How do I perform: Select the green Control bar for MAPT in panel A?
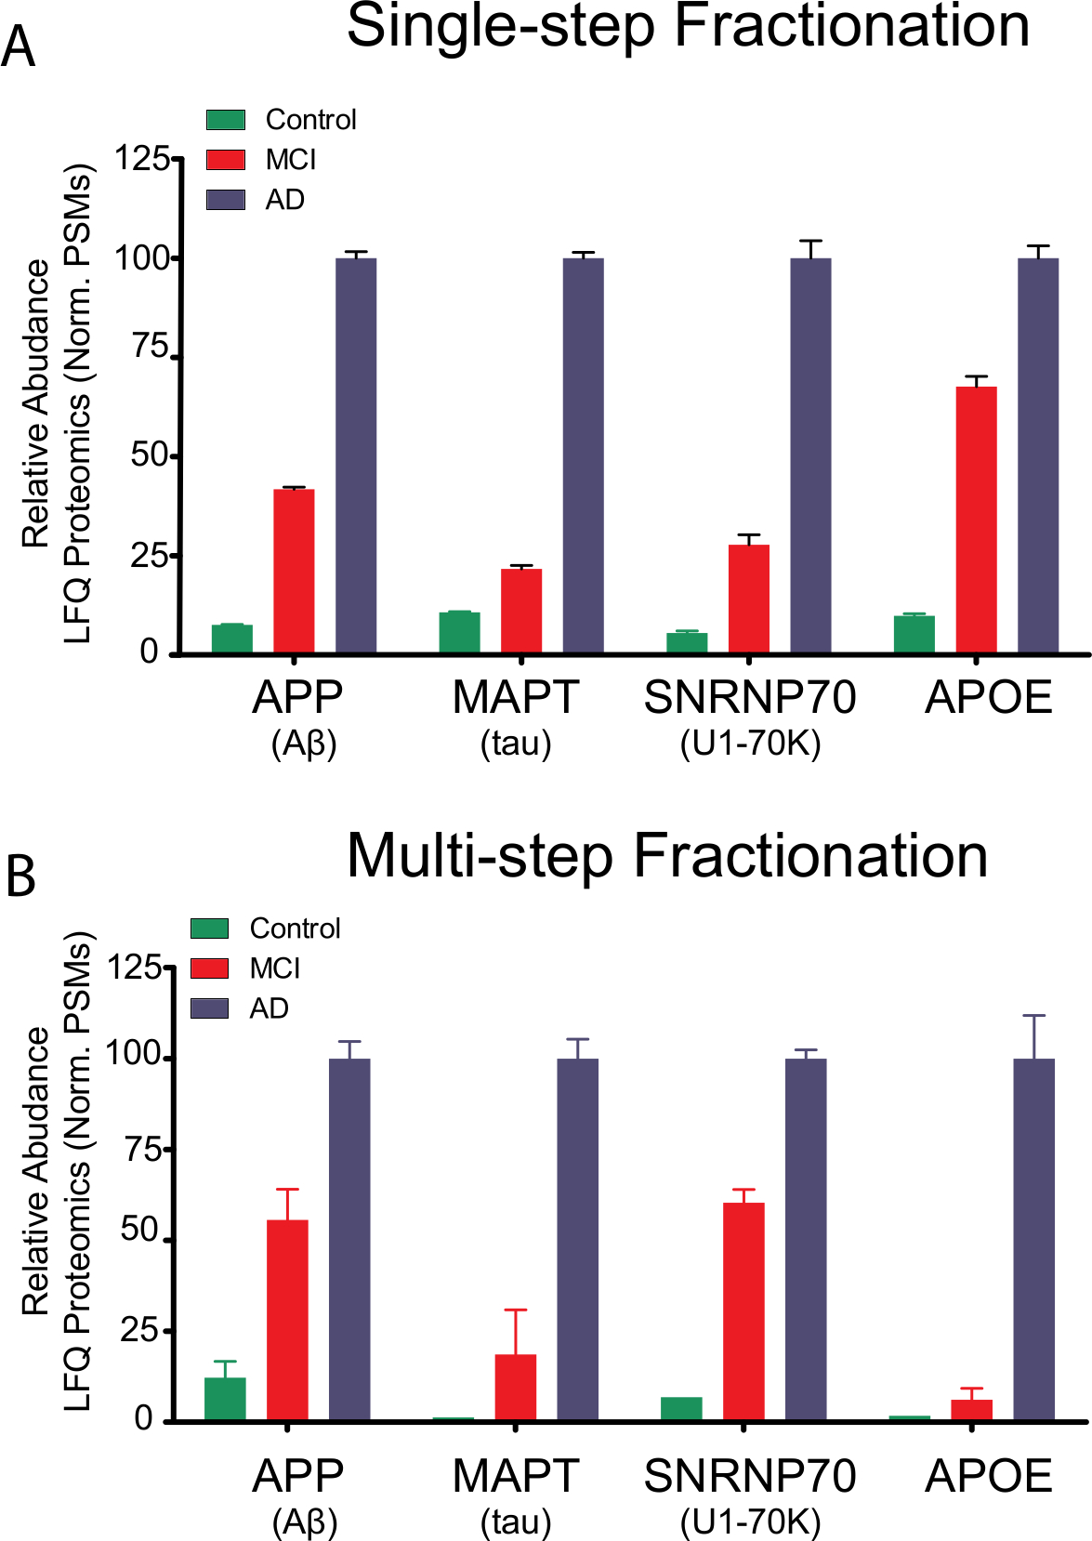459,632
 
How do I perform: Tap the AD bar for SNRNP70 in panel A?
810,455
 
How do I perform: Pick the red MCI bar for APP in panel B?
287,1320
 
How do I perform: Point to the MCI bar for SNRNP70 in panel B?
743,1311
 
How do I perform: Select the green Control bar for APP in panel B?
225,1399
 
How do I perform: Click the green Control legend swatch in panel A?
226,120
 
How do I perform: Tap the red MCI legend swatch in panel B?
210,968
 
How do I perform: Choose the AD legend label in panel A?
284,200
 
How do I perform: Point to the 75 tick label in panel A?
150,348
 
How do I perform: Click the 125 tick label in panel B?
134,968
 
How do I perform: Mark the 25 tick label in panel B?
139,1330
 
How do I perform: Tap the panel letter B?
20,876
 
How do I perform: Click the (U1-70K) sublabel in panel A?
750,744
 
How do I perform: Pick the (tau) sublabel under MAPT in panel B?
516,1521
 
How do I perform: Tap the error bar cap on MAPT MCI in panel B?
516,1310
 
